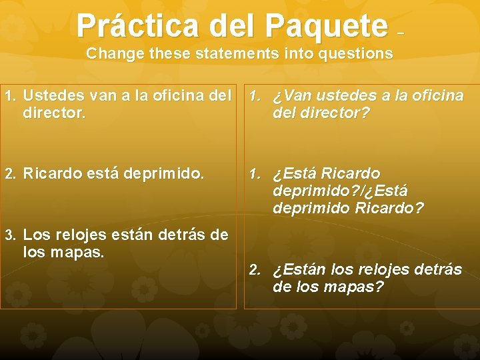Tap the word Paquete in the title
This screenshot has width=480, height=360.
coord(325,25)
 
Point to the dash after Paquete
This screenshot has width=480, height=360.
coord(400,32)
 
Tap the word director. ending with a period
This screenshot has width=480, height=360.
coord(54,113)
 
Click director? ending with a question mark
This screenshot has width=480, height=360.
coord(334,113)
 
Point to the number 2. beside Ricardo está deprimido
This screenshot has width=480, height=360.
coord(10,175)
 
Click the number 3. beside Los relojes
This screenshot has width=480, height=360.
coord(10,235)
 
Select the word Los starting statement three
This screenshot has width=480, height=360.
coord(35,235)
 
